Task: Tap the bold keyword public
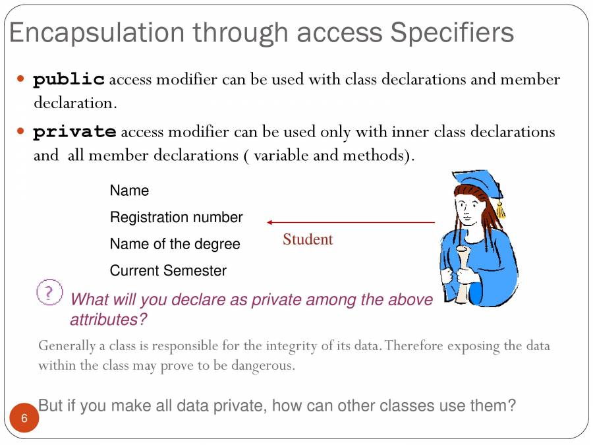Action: point(69,80)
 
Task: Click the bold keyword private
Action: point(74,132)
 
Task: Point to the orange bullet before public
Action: point(20,79)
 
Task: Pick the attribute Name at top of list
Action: point(129,191)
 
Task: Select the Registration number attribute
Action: point(176,218)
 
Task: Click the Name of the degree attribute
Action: point(175,244)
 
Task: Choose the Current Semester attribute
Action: point(168,271)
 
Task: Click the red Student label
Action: point(308,240)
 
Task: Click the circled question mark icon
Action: point(49,292)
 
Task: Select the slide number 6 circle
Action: point(24,419)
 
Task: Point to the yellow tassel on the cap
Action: point(501,210)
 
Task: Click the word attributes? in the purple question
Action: point(108,320)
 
